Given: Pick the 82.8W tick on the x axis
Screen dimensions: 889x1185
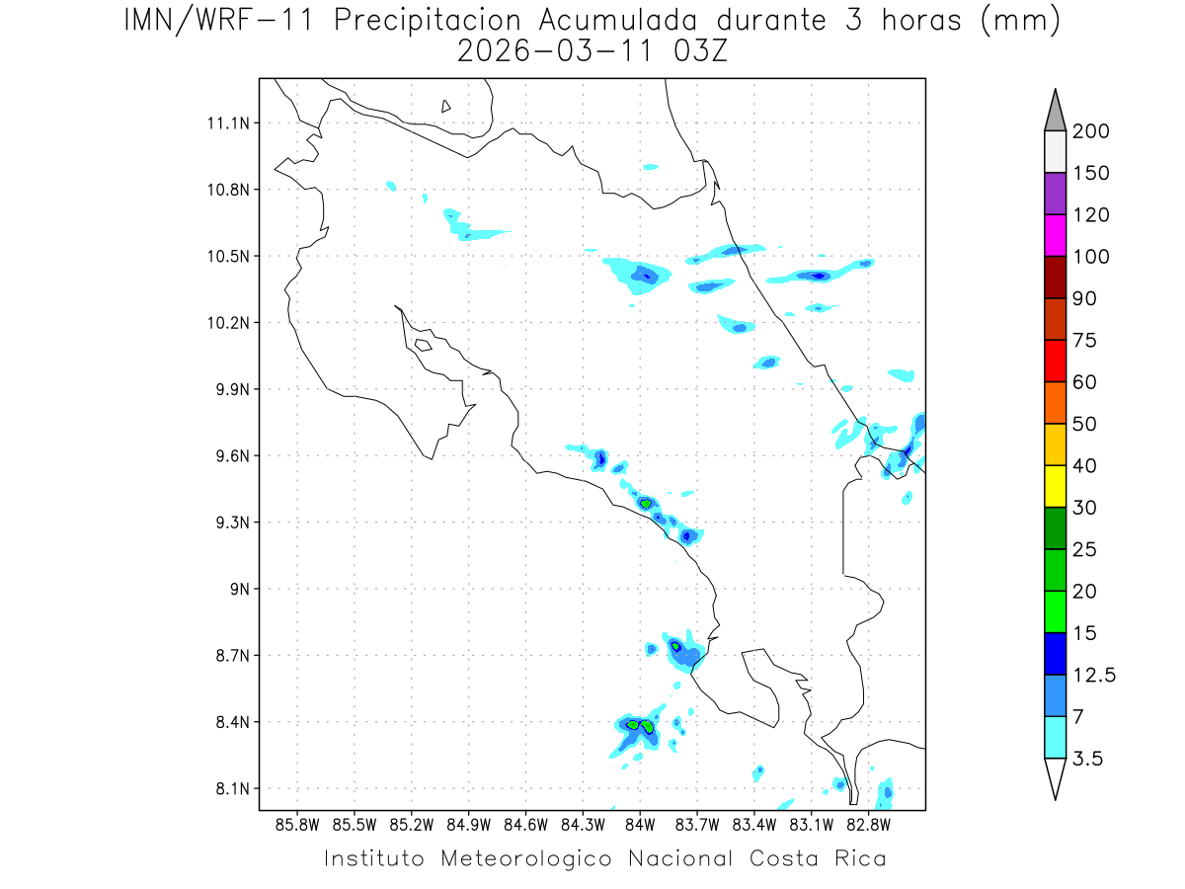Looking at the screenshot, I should [869, 824].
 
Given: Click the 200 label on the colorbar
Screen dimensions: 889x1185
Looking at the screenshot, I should [1091, 131].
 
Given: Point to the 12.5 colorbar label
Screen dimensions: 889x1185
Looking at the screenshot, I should [1093, 675].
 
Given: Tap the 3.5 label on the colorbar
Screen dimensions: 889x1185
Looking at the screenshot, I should [1087, 759].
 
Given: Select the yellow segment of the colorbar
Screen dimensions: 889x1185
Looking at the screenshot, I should [1055, 486].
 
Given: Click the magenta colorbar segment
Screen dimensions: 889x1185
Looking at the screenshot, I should [1055, 235].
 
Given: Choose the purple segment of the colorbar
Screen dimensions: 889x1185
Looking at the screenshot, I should [1055, 194].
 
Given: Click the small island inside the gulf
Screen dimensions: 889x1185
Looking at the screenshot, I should [423, 345].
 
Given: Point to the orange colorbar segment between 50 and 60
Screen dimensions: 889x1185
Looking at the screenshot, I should [1055, 403].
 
